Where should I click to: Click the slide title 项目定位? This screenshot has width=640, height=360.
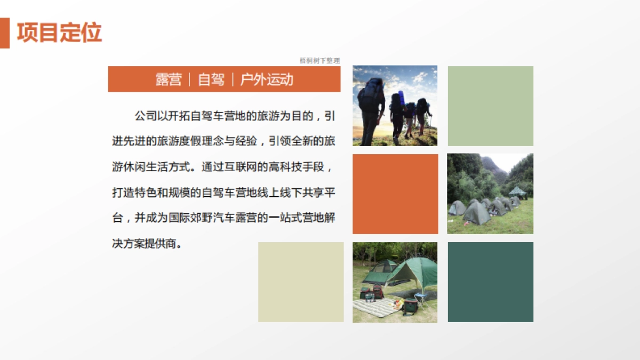click(59, 33)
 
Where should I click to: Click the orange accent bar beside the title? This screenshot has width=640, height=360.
click(4, 33)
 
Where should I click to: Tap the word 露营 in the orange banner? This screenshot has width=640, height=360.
click(169, 79)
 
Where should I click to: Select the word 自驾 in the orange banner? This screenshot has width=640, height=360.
click(211, 79)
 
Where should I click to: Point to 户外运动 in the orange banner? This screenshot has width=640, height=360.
click(267, 79)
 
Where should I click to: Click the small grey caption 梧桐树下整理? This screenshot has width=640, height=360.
click(319, 61)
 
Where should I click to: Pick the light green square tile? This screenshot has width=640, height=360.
click(490, 106)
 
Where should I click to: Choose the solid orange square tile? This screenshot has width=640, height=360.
click(395, 194)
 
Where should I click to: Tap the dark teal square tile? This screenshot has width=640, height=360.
click(490, 282)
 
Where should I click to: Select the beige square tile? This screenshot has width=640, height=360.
click(301, 282)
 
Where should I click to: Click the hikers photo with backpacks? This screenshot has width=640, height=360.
click(395, 106)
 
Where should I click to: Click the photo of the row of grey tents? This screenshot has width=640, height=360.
click(490, 194)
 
